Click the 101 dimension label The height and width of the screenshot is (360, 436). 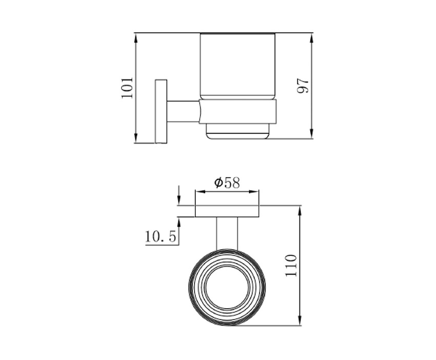coord(127,88)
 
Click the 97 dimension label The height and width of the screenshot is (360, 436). coord(303,86)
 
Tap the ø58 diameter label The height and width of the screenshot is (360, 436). coord(227,183)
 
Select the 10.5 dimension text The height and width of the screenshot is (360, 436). coord(161,237)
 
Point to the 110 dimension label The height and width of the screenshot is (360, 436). coord(291,266)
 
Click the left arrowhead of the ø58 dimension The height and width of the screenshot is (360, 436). coord(200,191)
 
